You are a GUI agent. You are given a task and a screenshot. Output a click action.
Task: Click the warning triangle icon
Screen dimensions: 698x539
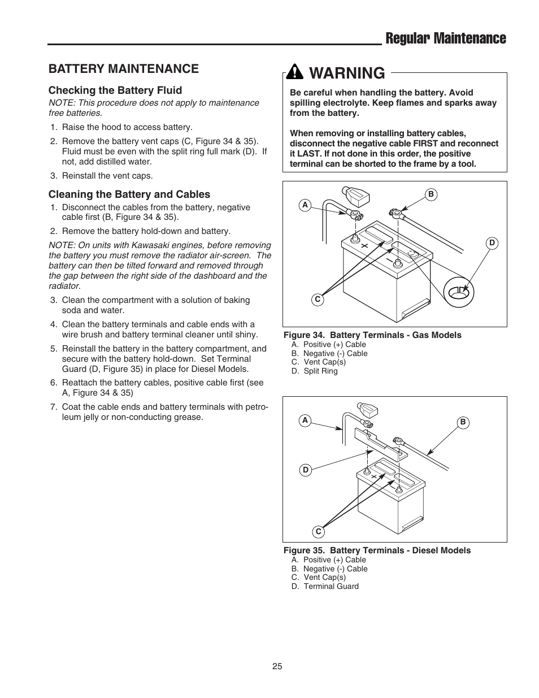pos(295,72)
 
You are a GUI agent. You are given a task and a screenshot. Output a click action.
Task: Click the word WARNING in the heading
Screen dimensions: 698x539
pos(347,73)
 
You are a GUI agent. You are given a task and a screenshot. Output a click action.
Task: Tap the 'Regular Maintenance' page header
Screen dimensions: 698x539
pos(445,38)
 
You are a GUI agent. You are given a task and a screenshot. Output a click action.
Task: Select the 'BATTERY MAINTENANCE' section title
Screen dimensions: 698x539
pos(123,68)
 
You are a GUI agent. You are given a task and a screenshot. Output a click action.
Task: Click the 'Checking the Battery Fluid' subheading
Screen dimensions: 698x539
pos(115,90)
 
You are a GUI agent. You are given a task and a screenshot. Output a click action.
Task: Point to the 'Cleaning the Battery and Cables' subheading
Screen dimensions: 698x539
pos(129,194)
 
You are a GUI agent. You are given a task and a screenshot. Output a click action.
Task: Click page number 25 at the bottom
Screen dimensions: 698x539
pos(277,666)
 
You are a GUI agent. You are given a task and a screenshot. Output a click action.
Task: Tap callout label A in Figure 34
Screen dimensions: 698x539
pos(305,205)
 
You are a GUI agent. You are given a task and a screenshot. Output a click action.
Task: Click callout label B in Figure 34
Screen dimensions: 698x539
pos(431,194)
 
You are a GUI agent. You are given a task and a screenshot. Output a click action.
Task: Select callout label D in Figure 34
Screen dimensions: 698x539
pos(492,242)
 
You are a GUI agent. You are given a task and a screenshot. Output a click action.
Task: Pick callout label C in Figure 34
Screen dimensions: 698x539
pos(318,300)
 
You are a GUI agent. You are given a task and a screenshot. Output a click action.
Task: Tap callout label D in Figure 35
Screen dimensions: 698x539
pos(305,470)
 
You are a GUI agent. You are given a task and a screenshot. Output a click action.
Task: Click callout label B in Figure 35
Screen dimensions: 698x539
pos(463,422)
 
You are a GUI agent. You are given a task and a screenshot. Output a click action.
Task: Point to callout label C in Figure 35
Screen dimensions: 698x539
pos(318,531)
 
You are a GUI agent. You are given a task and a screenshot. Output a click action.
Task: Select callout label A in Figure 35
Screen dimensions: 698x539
pos(305,420)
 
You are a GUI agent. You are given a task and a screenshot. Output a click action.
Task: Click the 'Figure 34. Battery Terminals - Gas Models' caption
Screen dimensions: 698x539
pos(372,335)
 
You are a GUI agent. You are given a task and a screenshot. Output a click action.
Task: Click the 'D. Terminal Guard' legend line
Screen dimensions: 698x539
pos(325,586)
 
